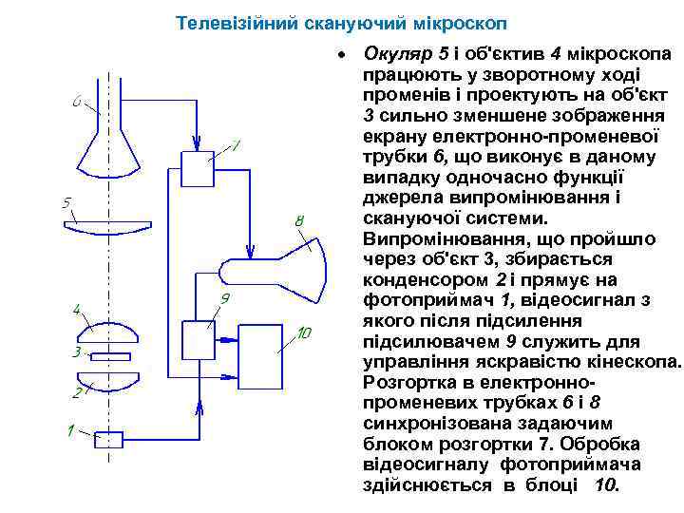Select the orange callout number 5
pos(66,202)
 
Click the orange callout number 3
pos(76,352)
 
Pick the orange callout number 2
pos(76,391)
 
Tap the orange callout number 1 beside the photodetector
pos(68,431)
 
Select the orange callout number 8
pos(299,221)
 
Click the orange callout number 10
pos(304,334)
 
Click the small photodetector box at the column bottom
pos(110,438)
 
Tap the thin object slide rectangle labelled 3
pos(110,356)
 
